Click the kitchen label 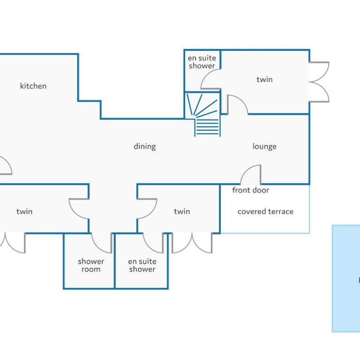33,86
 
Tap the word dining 145,146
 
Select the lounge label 264,146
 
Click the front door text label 250,190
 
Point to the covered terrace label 265,211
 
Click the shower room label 91,265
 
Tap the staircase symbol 202,114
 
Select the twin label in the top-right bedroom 264,79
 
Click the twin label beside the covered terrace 182,211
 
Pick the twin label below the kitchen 24,211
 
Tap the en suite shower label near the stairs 202,62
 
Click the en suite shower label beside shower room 142,265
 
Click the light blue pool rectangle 346,278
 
